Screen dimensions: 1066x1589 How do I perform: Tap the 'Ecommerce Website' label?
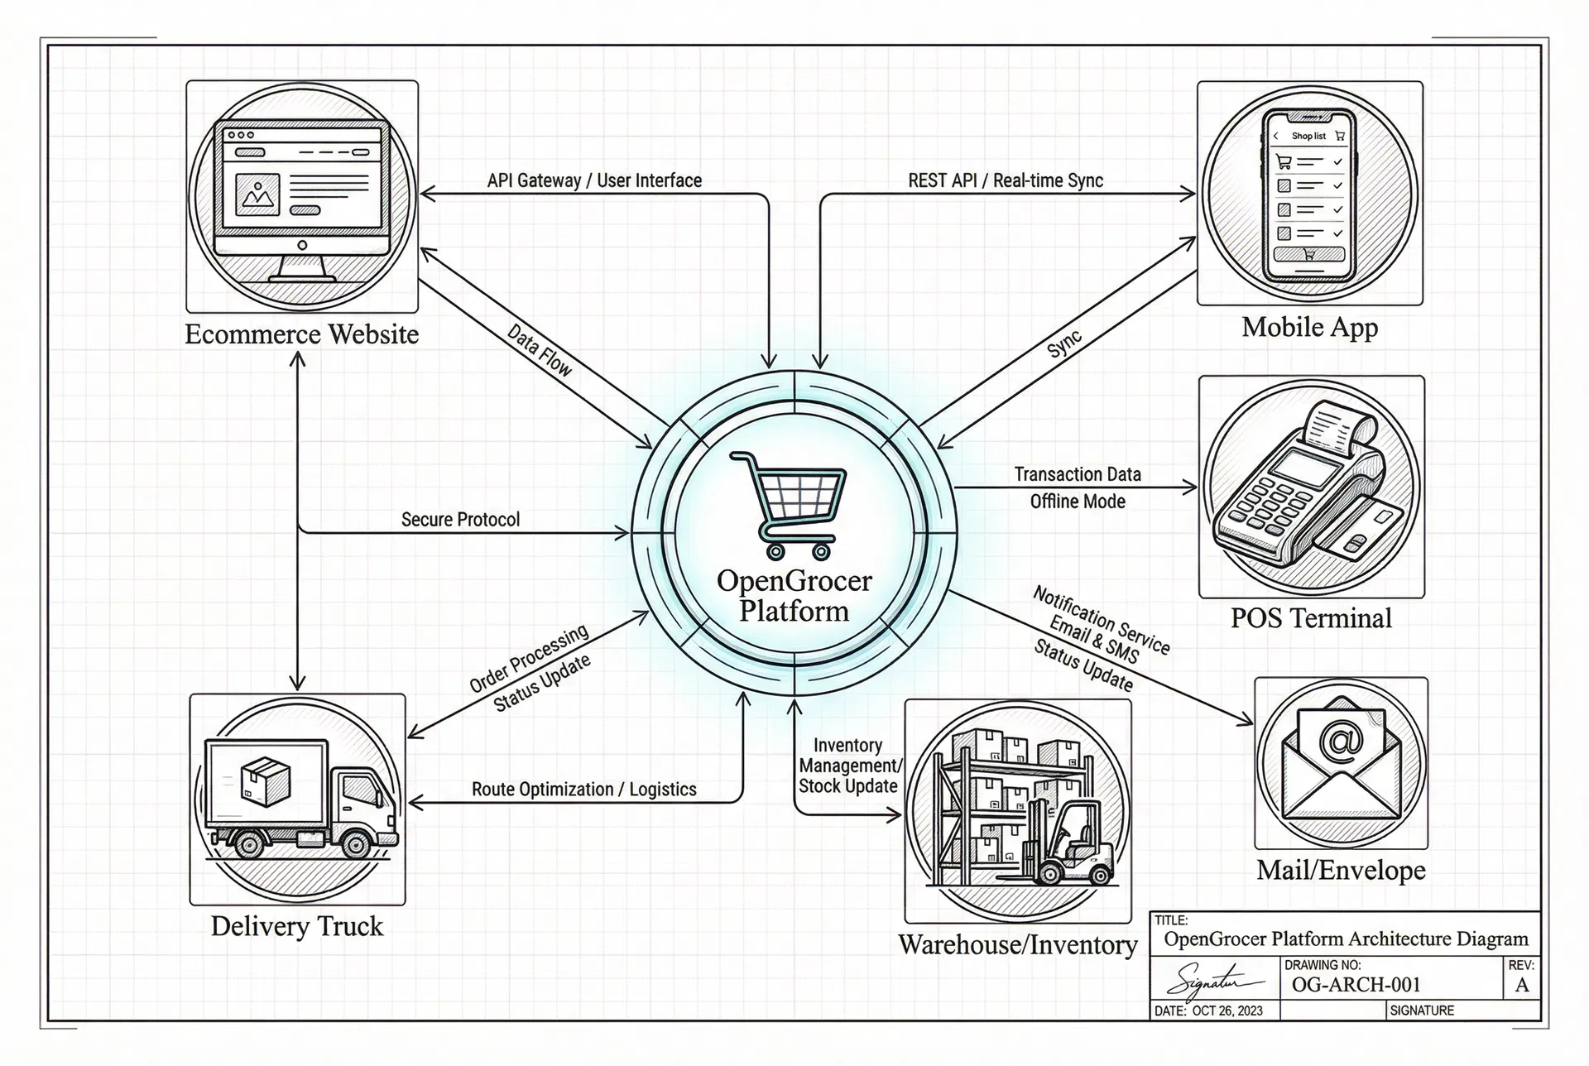tap(301, 334)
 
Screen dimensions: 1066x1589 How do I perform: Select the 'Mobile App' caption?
tap(1309, 327)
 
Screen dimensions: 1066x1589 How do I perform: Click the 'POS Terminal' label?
tap(1311, 618)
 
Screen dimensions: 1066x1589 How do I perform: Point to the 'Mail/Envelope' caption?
tap(1341, 870)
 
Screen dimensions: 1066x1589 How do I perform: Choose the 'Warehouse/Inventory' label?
tap(1018, 944)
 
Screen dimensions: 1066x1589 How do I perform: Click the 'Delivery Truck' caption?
tap(296, 925)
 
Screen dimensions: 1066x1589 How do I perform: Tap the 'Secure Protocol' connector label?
tap(460, 520)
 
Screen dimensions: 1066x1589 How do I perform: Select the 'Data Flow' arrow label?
tap(539, 350)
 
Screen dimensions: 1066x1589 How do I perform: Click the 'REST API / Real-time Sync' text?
tap(1006, 180)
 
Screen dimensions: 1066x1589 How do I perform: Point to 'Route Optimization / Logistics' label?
tap(583, 790)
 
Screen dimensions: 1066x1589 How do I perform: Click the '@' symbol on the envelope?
tap(1342, 739)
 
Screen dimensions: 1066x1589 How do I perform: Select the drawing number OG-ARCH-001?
tap(1356, 985)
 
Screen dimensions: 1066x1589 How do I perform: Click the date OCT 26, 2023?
tap(1227, 1011)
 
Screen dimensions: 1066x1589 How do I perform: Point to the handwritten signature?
tap(1212, 980)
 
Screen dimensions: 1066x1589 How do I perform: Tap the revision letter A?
tap(1521, 985)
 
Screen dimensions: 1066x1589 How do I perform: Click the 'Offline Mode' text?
tap(1078, 502)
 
